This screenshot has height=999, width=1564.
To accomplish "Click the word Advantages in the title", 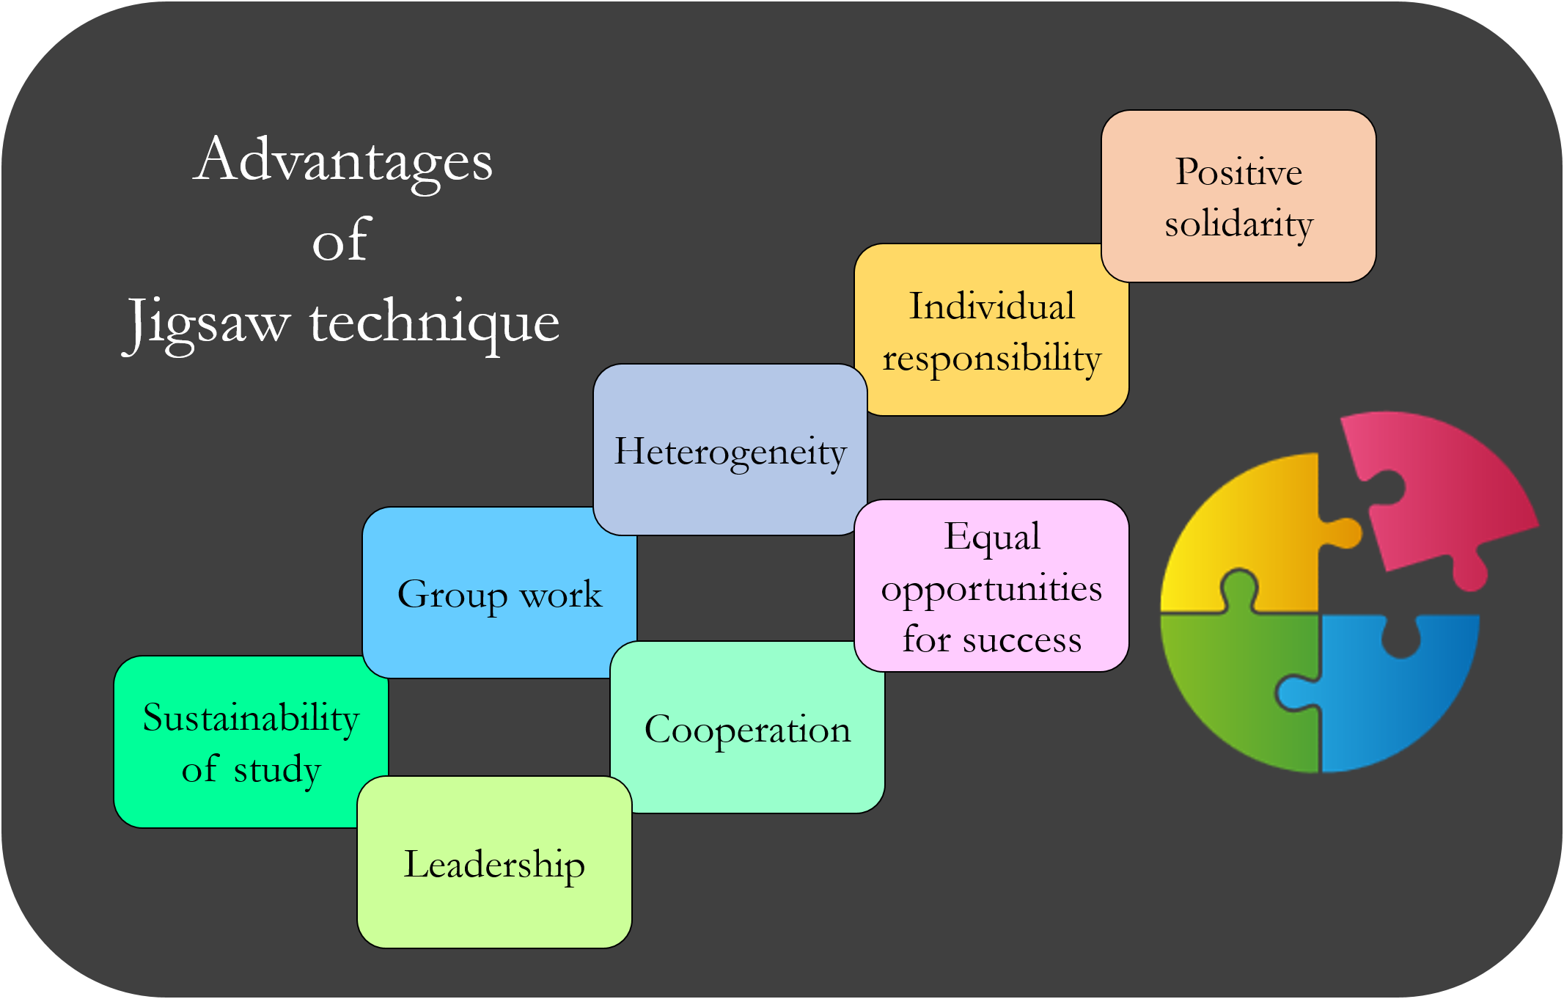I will tap(343, 161).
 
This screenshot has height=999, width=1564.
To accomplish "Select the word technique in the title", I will tap(434, 322).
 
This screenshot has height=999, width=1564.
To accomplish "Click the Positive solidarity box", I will tap(1238, 196).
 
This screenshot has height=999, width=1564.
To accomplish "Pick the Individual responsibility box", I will tap(991, 330).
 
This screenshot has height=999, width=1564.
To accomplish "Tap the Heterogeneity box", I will tap(730, 450).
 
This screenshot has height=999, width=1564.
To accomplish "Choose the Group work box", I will tap(499, 593).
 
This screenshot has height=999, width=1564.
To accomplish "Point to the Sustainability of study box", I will tap(251, 742).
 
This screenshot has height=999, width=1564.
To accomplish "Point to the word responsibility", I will tap(991, 358).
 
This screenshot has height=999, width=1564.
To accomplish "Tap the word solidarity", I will tap(1238, 223).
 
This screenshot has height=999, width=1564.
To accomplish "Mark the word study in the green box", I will tap(277, 769).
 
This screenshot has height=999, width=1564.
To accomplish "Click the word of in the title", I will tap(342, 240).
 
